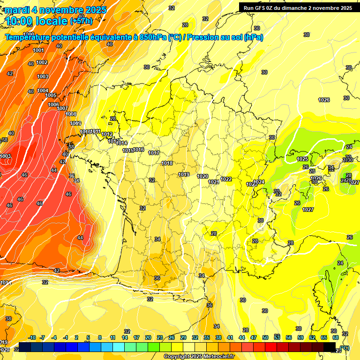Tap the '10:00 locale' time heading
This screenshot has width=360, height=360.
point(37,21)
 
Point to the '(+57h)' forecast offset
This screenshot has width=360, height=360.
point(81,21)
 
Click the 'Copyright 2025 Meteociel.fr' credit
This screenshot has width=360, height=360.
point(199,356)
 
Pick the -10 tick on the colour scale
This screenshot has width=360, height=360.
point(32,337)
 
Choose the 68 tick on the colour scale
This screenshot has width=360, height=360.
point(336,337)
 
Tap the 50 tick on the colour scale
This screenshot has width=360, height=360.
point(266,337)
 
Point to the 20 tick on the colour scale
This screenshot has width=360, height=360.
point(148,337)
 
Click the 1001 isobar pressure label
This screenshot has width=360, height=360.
point(38,51)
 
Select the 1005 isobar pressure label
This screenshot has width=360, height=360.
point(51,95)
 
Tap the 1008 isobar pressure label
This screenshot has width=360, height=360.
point(71,114)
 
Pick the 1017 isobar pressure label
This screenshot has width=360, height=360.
point(154,153)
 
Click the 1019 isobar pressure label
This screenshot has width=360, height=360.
point(184,174)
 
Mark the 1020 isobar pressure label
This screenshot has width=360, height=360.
point(202,176)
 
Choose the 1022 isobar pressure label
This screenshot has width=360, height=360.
point(226,179)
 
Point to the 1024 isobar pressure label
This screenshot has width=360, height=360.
point(259,182)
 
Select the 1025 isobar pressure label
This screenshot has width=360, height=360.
point(302,159)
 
